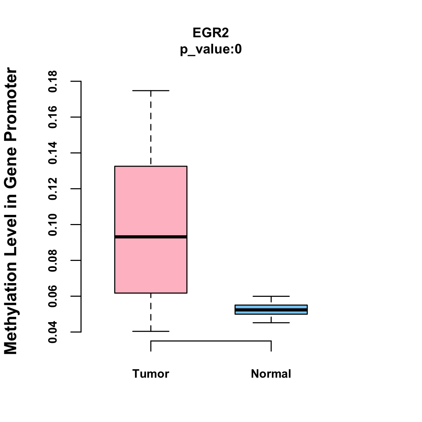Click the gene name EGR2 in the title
pos(211,33)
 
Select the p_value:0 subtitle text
pos(211,50)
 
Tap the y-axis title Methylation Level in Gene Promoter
pos(11,211)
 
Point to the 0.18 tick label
pos(53,81)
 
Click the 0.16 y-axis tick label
pos(53,117)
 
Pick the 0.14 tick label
pos(53,153)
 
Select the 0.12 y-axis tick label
pos(53,189)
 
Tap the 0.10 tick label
pos(53,225)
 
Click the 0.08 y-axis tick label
pos(53,261)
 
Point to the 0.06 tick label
pos(53,296)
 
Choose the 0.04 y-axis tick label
pos(53,332)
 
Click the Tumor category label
pos(151,374)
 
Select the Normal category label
pos(271,374)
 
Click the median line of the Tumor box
pos(151,237)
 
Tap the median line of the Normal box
pos(271,309)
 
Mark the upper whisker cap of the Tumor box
pos(151,91)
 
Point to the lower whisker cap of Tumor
pos(151,331)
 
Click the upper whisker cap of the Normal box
pos(271,296)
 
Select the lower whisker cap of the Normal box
pos(271,322)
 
